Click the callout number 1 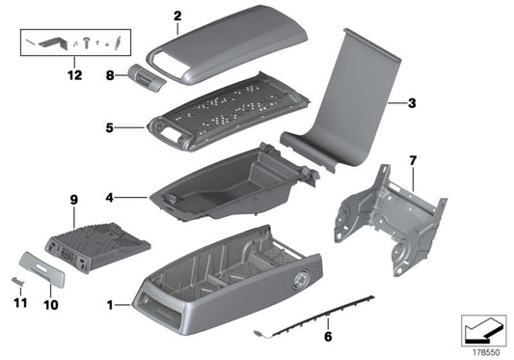coord(112,306)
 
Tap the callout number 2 coord(176,15)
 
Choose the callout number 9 coord(72,200)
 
